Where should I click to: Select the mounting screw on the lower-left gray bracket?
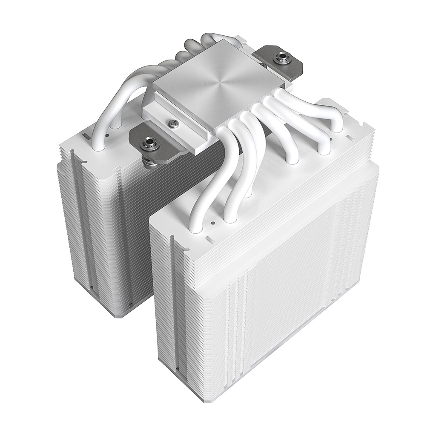coord(150,141)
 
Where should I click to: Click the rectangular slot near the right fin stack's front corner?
coord(209,235)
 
